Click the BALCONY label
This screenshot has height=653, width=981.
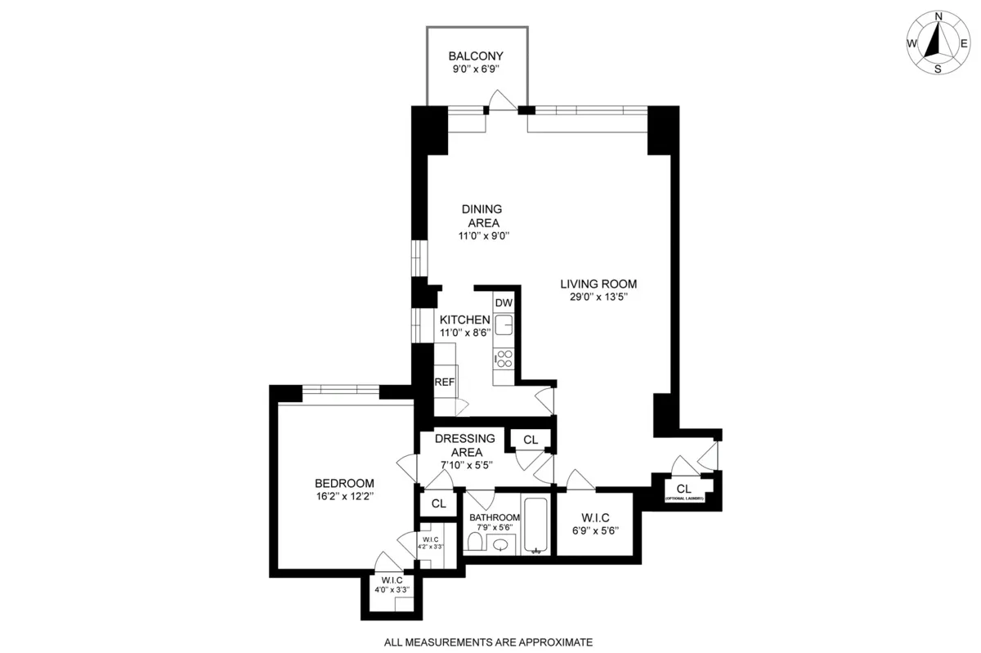pyautogui.click(x=475, y=56)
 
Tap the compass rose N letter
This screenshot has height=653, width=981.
pyautogui.click(x=938, y=16)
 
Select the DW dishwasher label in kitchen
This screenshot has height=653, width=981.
pyautogui.click(x=504, y=302)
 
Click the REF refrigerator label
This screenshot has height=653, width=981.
pyautogui.click(x=444, y=382)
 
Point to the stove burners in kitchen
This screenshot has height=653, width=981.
pyautogui.click(x=504, y=359)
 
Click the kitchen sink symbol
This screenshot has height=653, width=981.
pyautogui.click(x=504, y=324)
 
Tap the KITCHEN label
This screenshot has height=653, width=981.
pyautogui.click(x=465, y=320)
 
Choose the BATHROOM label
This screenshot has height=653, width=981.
pyautogui.click(x=495, y=517)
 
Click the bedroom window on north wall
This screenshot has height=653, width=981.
pyautogui.click(x=341, y=391)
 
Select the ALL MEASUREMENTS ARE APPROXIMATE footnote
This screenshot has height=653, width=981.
pyautogui.click(x=489, y=642)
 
